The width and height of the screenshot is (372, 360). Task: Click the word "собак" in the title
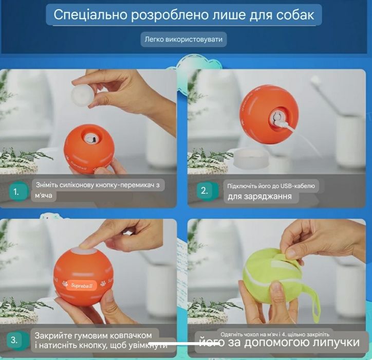pos(290,14)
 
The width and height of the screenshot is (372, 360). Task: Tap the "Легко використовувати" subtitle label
pos(183,40)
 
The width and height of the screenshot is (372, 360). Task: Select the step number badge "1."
pos(16,192)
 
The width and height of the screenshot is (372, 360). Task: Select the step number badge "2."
pos(204,191)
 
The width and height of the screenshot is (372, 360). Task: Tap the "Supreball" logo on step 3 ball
pos(83,283)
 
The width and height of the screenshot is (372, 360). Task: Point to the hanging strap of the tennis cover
pos(312,303)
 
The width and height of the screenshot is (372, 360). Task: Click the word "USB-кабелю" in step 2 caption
pos(300,186)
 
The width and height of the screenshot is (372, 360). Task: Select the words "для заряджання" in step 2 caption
pos(259,196)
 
